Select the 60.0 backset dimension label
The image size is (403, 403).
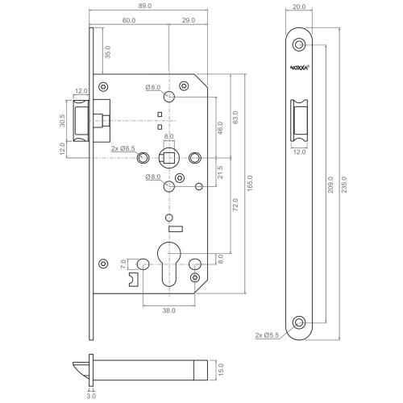pos(129,20)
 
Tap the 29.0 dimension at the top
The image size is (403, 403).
pos(189,20)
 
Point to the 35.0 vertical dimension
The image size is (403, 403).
pos(107,52)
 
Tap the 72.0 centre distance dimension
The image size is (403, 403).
pos(234,206)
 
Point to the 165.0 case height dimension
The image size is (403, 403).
pos(250,183)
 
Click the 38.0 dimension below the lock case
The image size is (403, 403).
pos(168,310)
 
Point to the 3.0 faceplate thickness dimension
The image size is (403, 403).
pos(91,396)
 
